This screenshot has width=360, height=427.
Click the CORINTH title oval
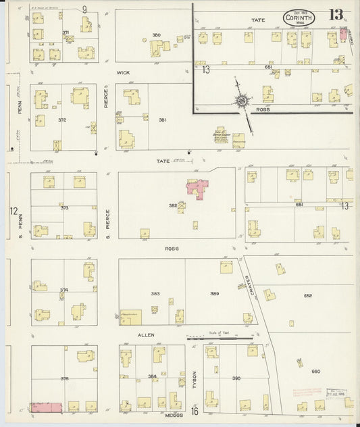(297, 17)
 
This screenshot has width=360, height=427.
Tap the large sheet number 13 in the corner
(336, 14)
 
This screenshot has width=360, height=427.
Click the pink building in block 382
(197, 188)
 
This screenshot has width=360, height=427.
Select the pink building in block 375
(47, 407)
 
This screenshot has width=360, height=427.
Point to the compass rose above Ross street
(241, 101)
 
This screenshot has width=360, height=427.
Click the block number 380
(156, 35)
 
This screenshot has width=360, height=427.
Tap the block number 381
(162, 120)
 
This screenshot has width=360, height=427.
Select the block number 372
(63, 120)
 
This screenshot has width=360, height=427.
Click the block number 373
(64, 207)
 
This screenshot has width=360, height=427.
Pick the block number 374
(63, 291)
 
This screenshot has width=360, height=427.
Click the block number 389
(214, 294)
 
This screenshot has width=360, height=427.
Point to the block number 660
(315, 371)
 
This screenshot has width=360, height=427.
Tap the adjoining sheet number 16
(195, 411)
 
